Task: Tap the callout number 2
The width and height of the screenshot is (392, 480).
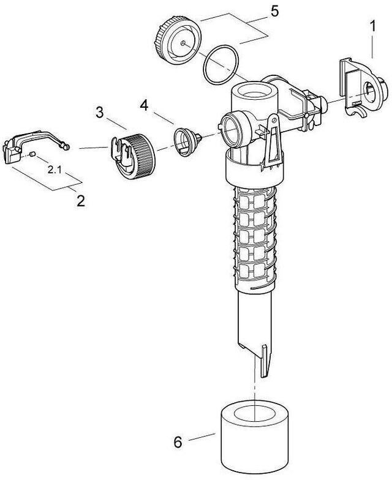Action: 80,200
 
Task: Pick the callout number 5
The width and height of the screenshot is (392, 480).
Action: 258,11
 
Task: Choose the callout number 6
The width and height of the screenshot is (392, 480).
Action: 178,440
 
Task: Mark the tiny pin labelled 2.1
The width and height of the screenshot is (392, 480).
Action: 32,156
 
